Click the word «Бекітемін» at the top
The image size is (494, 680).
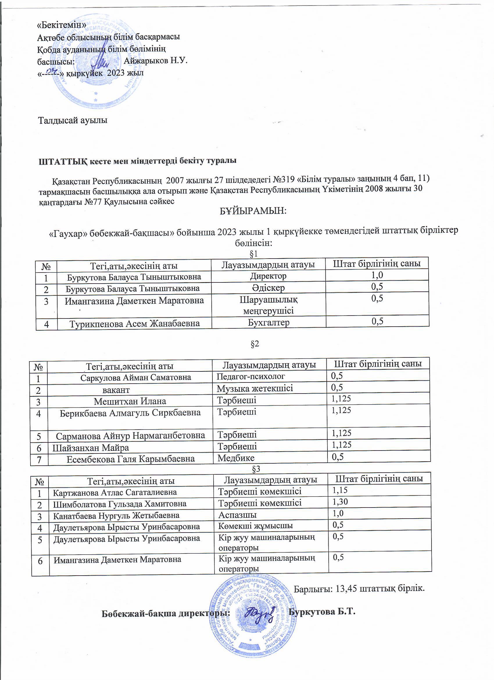click(x=62, y=25)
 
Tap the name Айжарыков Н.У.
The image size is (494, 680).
click(x=155, y=61)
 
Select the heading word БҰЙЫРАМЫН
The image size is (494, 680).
click(x=253, y=211)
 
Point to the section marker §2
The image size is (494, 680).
click(x=255, y=344)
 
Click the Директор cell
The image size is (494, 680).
click(x=268, y=276)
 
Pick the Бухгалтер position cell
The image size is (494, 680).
click(x=269, y=323)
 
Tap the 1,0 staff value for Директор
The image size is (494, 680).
click(x=377, y=275)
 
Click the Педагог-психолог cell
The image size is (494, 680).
click(x=251, y=376)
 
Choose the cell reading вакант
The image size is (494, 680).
click(x=116, y=390)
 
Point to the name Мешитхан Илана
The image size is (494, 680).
click(x=130, y=401)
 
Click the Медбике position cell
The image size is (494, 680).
click(x=236, y=458)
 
